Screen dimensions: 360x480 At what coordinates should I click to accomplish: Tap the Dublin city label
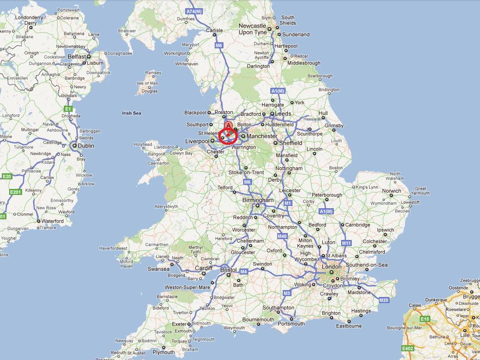tap(86, 146)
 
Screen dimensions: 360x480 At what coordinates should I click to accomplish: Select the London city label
tap(331, 267)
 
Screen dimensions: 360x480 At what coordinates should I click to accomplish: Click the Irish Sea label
tap(131, 113)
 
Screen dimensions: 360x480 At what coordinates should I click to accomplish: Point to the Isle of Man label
tap(147, 83)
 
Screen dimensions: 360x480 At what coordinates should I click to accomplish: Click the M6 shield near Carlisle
tap(219, 46)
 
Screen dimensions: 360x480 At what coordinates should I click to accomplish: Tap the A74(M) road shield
tap(194, 11)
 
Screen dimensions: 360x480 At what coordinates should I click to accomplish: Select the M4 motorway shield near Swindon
tap(244, 272)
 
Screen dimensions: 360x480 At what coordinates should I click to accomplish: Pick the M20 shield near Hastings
tap(384, 300)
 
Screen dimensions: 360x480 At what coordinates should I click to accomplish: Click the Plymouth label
tap(164, 353)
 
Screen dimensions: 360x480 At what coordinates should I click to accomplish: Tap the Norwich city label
tap(391, 191)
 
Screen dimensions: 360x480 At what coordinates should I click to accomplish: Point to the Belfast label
tap(77, 57)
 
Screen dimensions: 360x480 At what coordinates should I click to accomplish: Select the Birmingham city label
tap(258, 200)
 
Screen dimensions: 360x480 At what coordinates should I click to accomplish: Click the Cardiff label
tap(204, 268)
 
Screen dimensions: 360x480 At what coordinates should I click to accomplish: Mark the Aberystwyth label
tap(166, 206)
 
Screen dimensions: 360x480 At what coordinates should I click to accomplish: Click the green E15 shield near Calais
tap(425, 319)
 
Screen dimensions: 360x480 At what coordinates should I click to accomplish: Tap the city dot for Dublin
tap(74, 146)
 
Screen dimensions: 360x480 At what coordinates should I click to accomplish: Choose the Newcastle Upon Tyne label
tap(252, 29)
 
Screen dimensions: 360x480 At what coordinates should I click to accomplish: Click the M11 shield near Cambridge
tap(346, 243)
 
